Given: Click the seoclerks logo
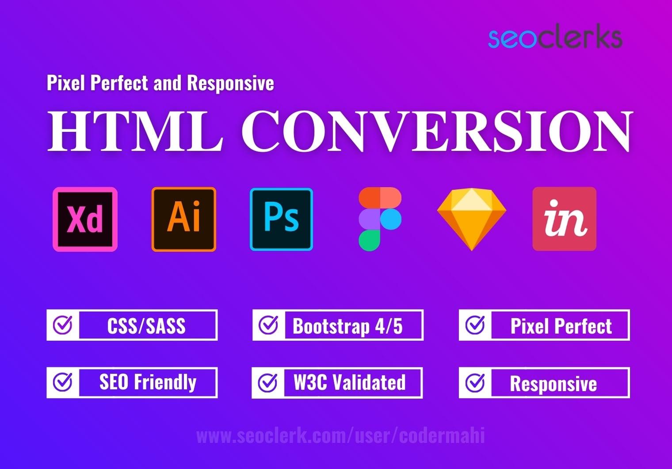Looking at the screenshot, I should coord(555,38).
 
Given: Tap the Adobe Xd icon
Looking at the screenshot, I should coord(85,219).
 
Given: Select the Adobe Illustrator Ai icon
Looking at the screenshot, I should coord(184,219).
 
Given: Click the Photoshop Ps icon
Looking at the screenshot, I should coord(282,219).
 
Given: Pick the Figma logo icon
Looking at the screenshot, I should coord(380,219).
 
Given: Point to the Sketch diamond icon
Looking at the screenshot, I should coord(471,219).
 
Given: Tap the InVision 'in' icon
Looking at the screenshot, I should coord(564,219).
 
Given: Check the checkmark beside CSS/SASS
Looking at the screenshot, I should coord(63,325).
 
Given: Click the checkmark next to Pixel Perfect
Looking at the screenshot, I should coord(475,325).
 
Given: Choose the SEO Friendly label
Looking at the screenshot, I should coord(148,382).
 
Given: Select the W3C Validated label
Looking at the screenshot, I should coord(349,382).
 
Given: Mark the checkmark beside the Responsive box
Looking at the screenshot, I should coord(475,383).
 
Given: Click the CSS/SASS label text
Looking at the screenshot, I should coord(146,326).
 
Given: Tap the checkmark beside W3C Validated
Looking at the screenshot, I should coord(267,383).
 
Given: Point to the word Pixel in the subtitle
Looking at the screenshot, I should coord(65,83).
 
